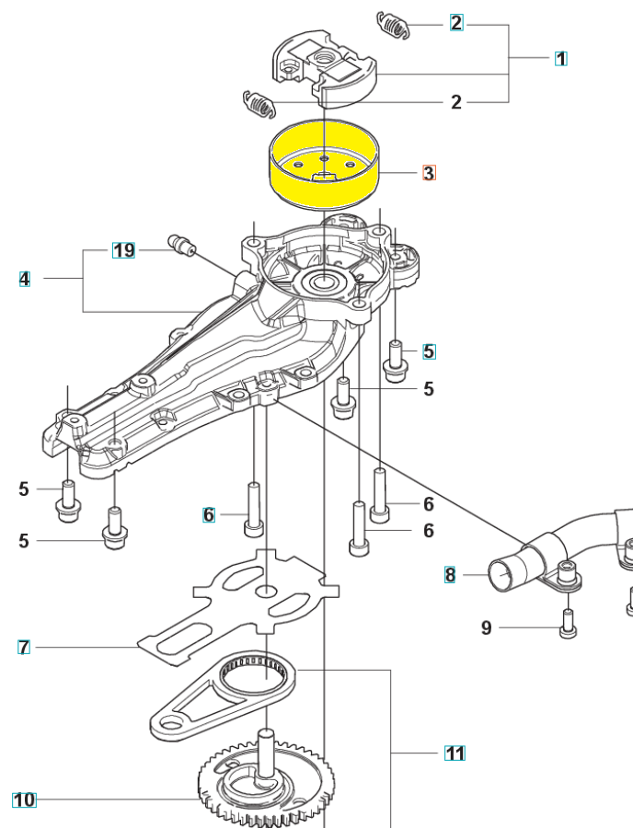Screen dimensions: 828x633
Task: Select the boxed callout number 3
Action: [429, 172]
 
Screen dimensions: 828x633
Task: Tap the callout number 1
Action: [560, 58]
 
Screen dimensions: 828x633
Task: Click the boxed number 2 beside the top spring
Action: [456, 23]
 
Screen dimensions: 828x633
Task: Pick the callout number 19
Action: [123, 250]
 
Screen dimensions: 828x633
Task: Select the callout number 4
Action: [25, 278]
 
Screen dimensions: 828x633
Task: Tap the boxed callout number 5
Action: [429, 351]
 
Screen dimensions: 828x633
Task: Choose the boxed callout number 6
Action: [209, 515]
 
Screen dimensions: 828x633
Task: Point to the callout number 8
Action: [450, 576]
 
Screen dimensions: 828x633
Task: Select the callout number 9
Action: [487, 628]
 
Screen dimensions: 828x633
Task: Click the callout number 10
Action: [24, 799]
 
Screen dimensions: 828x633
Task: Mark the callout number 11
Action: [455, 753]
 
